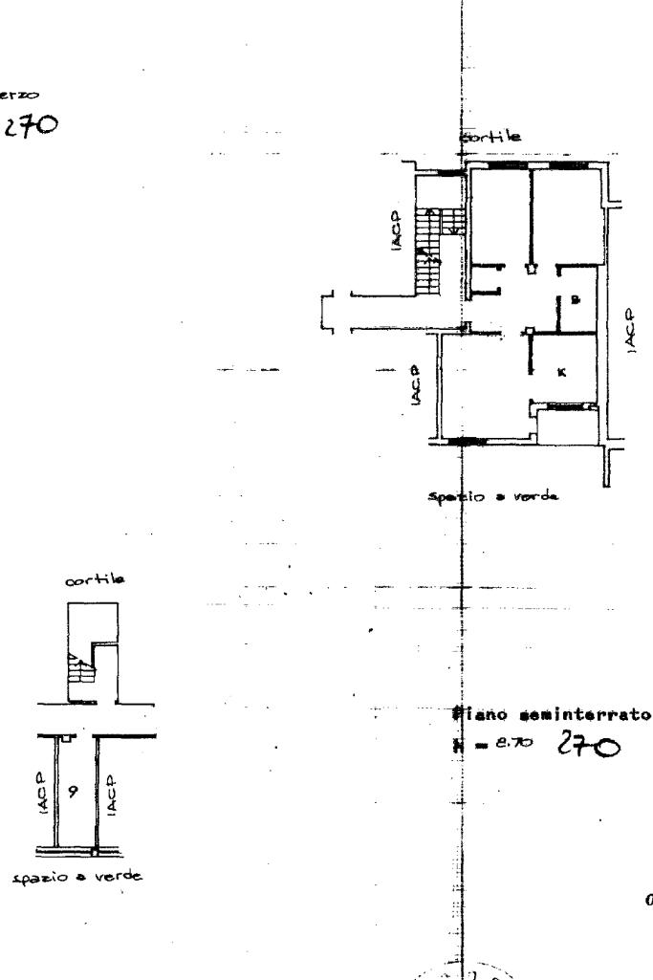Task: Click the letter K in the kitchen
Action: [x=561, y=372]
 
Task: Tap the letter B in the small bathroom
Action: [x=575, y=299]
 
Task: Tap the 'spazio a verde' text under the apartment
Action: [x=492, y=497]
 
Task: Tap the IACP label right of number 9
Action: [x=112, y=770]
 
